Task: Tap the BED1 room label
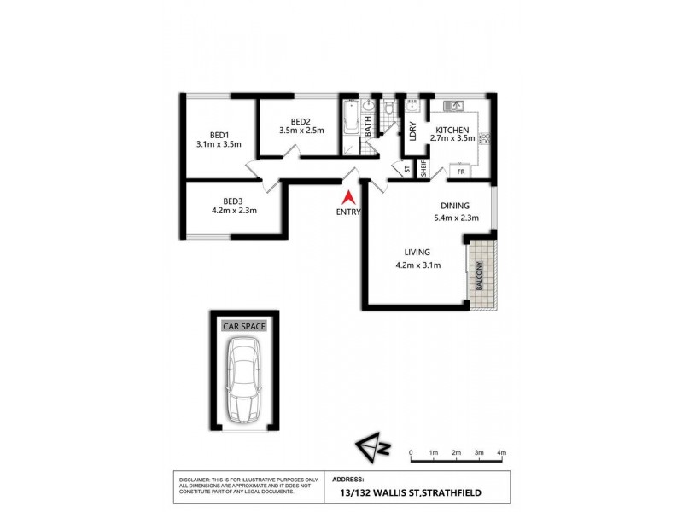pos(219,134)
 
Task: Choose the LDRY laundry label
pos(412,131)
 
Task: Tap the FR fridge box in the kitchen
pos(460,172)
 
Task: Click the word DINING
pos(455,206)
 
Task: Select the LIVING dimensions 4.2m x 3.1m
pos(417,265)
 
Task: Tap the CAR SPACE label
pos(244,326)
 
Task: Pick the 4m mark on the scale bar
pos(502,453)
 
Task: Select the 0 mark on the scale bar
pos(411,453)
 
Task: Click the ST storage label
pos(407,168)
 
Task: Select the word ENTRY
pos(348,212)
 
